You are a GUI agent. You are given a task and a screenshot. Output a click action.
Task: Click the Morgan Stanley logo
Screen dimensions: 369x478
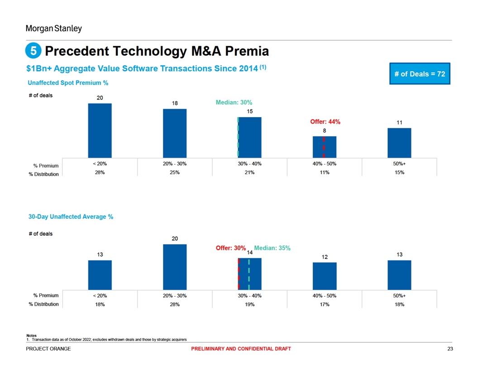(53, 28)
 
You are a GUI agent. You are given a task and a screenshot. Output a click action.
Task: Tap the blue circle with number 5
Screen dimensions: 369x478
(33, 51)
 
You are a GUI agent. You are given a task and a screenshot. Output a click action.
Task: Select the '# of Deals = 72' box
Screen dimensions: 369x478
(420, 74)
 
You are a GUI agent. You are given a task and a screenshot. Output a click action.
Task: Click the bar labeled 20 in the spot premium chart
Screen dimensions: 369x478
(100, 130)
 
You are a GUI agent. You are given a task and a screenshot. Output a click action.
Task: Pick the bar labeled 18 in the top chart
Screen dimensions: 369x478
(175, 133)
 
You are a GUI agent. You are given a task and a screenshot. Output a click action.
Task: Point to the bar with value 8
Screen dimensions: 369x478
(324, 147)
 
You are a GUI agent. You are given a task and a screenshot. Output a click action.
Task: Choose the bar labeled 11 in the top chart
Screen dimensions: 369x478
(399, 142)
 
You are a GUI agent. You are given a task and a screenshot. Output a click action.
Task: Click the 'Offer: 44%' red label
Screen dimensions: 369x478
(325, 122)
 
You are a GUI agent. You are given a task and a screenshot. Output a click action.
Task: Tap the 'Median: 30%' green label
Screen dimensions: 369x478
(234, 103)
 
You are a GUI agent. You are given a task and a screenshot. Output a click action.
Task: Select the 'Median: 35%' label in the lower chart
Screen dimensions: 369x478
(272, 248)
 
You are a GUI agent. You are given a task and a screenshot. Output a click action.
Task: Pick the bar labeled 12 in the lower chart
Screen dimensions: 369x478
(324, 276)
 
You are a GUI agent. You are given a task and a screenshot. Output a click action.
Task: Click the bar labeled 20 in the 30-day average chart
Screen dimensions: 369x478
(175, 267)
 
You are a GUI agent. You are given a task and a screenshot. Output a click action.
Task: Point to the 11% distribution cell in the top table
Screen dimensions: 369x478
(324, 172)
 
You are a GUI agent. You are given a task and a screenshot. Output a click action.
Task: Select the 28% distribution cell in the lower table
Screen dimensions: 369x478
(175, 304)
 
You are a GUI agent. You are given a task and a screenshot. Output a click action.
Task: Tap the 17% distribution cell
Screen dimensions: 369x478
(324, 304)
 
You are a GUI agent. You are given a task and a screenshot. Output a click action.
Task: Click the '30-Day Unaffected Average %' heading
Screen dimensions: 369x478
(71, 217)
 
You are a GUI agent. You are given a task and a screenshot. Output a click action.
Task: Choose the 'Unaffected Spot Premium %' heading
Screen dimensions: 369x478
(68, 83)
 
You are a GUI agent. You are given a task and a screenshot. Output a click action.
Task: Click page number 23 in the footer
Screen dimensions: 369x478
(449, 349)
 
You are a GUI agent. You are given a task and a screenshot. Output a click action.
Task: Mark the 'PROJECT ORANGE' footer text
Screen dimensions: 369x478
(48, 349)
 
